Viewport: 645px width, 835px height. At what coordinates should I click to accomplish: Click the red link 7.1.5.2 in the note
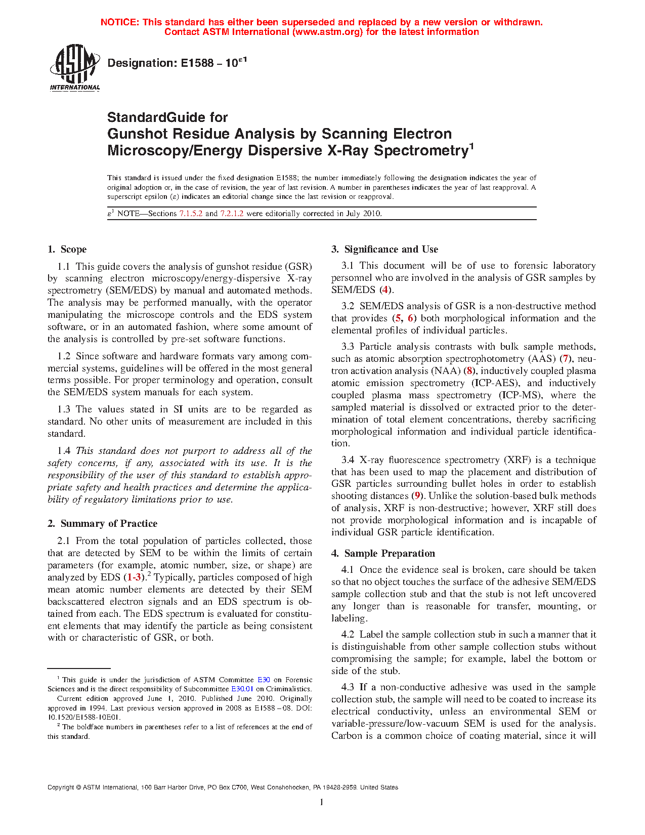191,214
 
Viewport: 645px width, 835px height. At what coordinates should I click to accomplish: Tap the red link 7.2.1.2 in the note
232,214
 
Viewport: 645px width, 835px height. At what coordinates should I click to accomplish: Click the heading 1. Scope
67,249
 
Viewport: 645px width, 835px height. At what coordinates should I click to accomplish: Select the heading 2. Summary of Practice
102,524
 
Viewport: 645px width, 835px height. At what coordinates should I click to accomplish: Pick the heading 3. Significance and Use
384,249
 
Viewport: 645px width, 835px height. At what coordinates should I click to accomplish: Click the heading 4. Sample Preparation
383,554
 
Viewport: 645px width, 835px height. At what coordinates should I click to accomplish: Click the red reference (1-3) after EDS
134,577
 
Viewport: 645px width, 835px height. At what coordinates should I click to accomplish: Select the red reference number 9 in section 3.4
417,496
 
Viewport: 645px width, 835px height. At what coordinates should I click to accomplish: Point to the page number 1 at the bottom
322,802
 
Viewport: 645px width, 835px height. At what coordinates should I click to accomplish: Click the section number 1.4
64,451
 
